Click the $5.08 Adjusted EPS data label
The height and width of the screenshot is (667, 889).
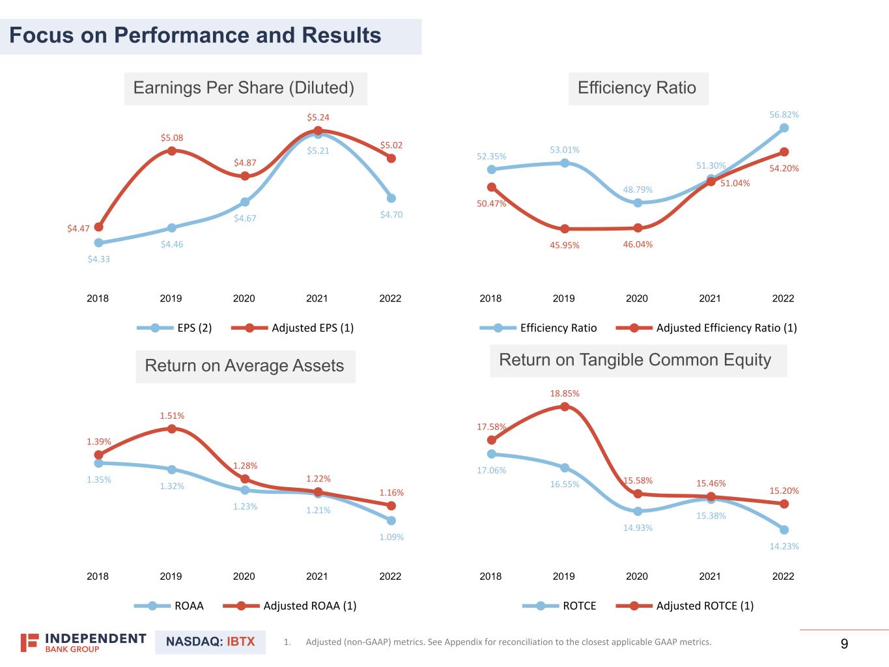click(172, 138)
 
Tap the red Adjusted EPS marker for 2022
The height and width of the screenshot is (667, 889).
click(391, 158)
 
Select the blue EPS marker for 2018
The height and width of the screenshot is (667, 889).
click(98, 243)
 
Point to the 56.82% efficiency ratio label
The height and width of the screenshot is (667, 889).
click(784, 115)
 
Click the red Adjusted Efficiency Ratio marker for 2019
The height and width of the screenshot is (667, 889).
click(565, 229)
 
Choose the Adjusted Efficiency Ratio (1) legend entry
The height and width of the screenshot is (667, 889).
click(707, 328)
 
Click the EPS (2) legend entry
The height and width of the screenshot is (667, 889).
click(175, 328)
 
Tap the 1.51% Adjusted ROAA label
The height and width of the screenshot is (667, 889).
click(172, 416)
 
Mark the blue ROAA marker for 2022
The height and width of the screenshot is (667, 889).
click(391, 520)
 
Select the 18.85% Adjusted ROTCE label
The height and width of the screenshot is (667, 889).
click(565, 393)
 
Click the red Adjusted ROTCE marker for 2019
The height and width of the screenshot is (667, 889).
click(565, 406)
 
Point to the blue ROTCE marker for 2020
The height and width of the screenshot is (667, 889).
click(638, 511)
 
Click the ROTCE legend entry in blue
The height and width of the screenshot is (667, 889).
click(560, 606)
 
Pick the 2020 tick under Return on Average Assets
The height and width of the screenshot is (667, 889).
click(244, 576)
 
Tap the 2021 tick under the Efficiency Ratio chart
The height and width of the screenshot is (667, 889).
click(710, 298)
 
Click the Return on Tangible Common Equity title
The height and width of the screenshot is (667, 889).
click(635, 360)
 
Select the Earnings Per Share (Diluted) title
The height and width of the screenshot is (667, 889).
click(244, 88)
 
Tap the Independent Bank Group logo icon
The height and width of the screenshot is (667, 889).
click(29, 642)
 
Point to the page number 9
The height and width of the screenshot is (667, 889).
click(845, 644)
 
